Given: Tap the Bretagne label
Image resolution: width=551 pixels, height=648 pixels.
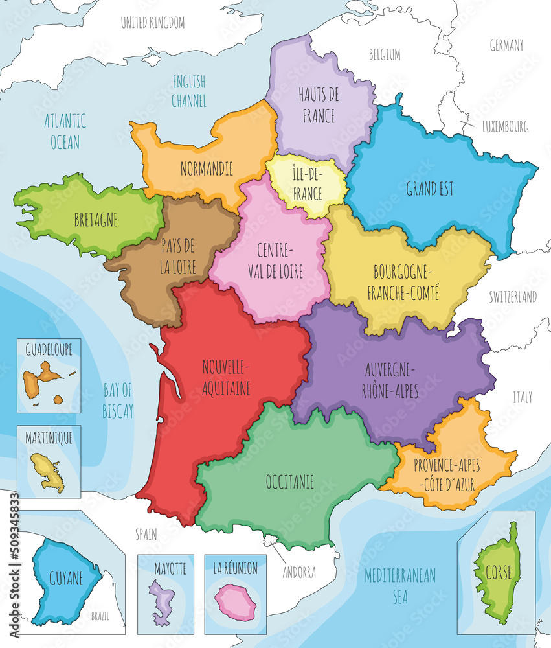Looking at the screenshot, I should (96, 220).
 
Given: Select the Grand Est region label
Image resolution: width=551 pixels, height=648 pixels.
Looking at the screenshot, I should (429, 189).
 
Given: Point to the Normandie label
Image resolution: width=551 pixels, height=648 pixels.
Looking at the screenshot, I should (207, 169).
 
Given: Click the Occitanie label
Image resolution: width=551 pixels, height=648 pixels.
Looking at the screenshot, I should (289, 481).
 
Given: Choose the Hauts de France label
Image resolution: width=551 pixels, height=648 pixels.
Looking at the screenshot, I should (318, 106).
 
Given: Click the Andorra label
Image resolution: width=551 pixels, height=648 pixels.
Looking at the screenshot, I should (299, 573).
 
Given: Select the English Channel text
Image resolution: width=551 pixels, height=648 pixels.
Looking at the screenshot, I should (188, 91).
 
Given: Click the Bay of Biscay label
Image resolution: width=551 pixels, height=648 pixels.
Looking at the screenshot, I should (117, 400).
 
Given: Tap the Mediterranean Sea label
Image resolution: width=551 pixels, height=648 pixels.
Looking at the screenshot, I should (399, 585).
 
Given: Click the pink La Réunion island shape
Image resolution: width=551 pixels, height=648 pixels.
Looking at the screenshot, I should (236, 601).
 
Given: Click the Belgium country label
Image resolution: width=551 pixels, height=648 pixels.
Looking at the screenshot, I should (385, 54).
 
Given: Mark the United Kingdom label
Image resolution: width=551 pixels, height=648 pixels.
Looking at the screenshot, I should (153, 23).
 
